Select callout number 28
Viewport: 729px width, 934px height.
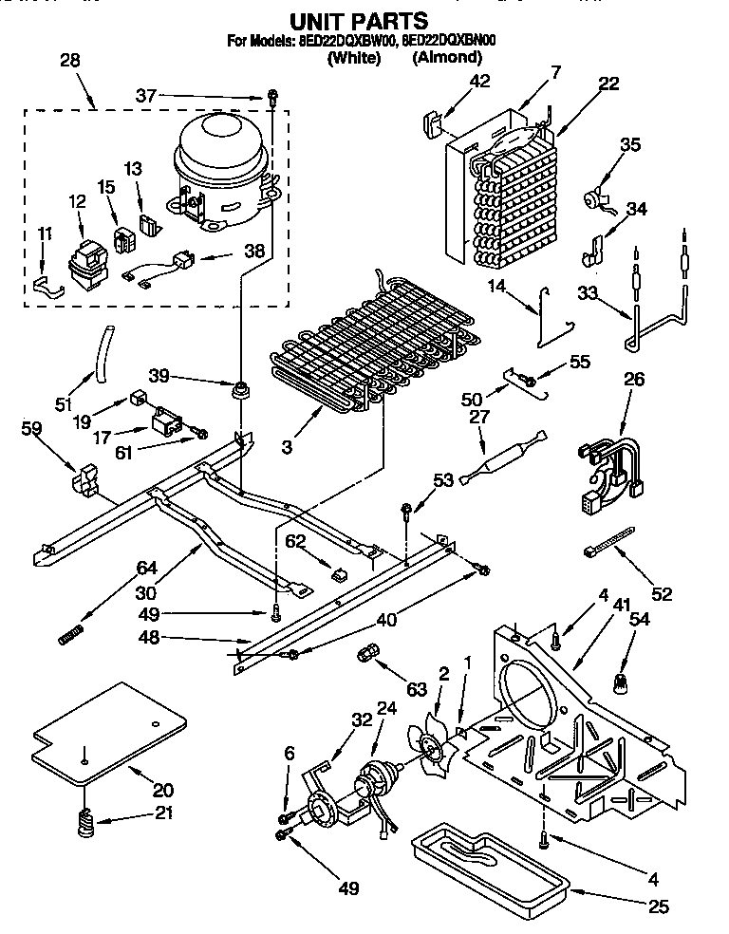pos(70,61)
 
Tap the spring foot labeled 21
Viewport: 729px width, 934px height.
pos(86,820)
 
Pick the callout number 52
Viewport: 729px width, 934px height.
pos(662,594)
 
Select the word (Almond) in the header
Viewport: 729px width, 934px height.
pos(447,57)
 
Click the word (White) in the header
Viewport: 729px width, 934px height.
pos(353,57)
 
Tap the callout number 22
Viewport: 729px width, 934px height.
pos(608,84)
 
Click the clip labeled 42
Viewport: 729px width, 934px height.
pos(432,123)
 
